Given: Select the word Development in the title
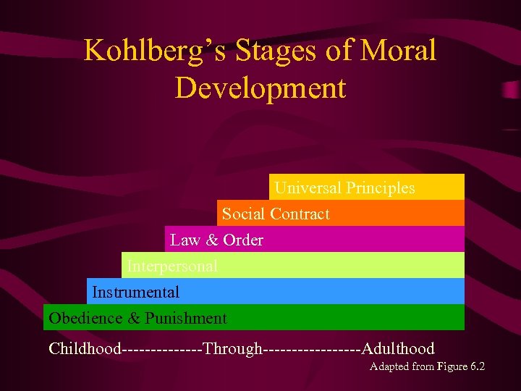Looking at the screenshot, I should pos(260,88).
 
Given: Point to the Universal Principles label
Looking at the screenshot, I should pos(345,188).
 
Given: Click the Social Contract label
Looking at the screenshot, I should pos(276,214).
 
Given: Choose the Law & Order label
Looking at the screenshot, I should pos(216,240).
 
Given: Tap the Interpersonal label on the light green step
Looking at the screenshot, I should pos(172,266).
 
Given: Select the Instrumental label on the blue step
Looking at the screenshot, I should pos(136,293).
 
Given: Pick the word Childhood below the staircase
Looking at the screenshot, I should pos(85,349).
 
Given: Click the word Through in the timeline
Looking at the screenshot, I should pos(233,349).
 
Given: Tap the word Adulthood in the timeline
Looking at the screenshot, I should pos(398,349).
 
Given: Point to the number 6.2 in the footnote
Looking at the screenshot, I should pos(477,366).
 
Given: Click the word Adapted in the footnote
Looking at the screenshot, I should pos(389,366).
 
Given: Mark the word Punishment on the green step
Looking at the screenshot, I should pos(186,319).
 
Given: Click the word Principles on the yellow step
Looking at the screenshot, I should pos(381,188).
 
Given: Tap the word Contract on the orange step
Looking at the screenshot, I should pos(300,214).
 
